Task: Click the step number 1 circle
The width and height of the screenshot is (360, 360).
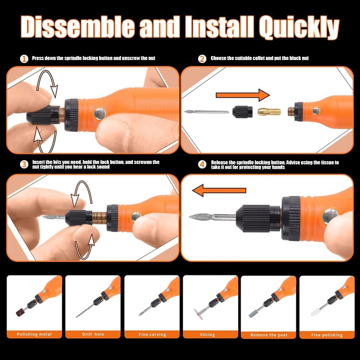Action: (x=24, y=59)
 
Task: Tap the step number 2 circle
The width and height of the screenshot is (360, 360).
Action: (x=202, y=59)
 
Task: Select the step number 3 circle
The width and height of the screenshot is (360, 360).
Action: (x=24, y=164)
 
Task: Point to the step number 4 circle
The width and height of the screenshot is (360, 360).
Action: (x=202, y=164)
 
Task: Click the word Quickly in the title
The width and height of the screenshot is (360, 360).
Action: (x=299, y=27)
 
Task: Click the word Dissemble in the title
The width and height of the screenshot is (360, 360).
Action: (x=78, y=27)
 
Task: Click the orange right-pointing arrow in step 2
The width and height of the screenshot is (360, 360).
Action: (x=242, y=95)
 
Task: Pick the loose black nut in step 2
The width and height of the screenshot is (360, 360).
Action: (x=242, y=112)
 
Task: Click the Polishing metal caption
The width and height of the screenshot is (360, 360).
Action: (x=35, y=334)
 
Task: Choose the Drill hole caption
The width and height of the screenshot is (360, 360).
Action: (x=93, y=334)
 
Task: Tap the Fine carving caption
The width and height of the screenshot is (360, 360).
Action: (x=152, y=334)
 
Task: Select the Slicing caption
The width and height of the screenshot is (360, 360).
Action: (x=208, y=334)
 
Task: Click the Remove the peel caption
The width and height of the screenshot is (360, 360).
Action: (x=269, y=335)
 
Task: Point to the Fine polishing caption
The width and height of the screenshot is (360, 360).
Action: (x=327, y=335)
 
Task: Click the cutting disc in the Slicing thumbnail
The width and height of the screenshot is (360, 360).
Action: (x=198, y=314)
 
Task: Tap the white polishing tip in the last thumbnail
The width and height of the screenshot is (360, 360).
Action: (x=315, y=312)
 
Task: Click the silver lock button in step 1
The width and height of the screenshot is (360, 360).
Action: (x=100, y=114)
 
